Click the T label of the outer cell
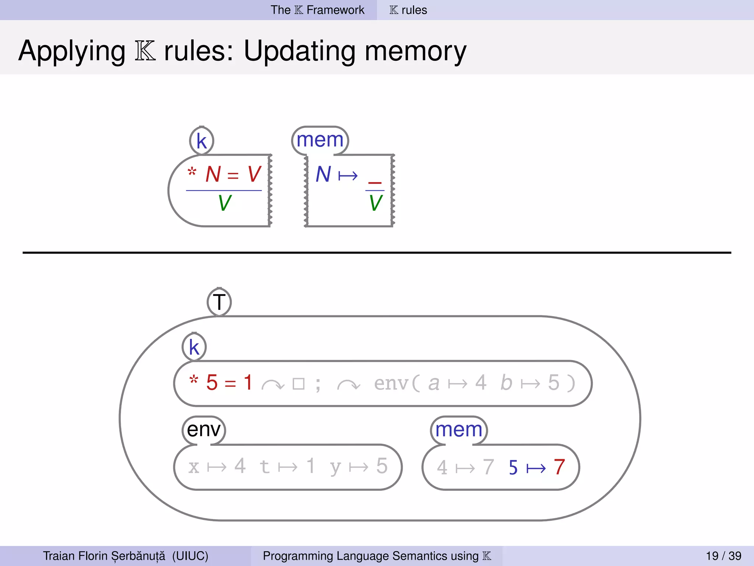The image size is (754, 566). [x=219, y=302]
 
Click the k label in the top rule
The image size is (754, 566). [x=201, y=141]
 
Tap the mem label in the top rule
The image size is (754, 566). [x=320, y=140]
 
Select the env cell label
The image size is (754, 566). [x=204, y=430]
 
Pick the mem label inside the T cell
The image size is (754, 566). [x=459, y=430]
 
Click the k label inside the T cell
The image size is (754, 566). [x=194, y=347]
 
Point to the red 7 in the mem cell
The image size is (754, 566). [x=559, y=467]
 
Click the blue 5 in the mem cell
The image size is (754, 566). [x=513, y=468]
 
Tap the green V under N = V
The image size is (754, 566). [x=225, y=203]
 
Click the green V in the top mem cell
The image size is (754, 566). [x=376, y=203]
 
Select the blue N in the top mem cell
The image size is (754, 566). [x=323, y=174]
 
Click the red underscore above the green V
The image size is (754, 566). [x=375, y=182]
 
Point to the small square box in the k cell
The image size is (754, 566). [x=298, y=384]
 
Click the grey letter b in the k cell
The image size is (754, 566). [x=506, y=382]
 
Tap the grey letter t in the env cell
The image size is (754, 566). [x=264, y=467]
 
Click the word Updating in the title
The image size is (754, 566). [x=299, y=51]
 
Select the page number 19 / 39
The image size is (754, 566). [x=723, y=556]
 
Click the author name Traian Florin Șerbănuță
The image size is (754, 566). [x=104, y=556]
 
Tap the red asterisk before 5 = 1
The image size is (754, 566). [x=194, y=380]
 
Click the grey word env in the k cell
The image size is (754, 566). [x=391, y=383]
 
